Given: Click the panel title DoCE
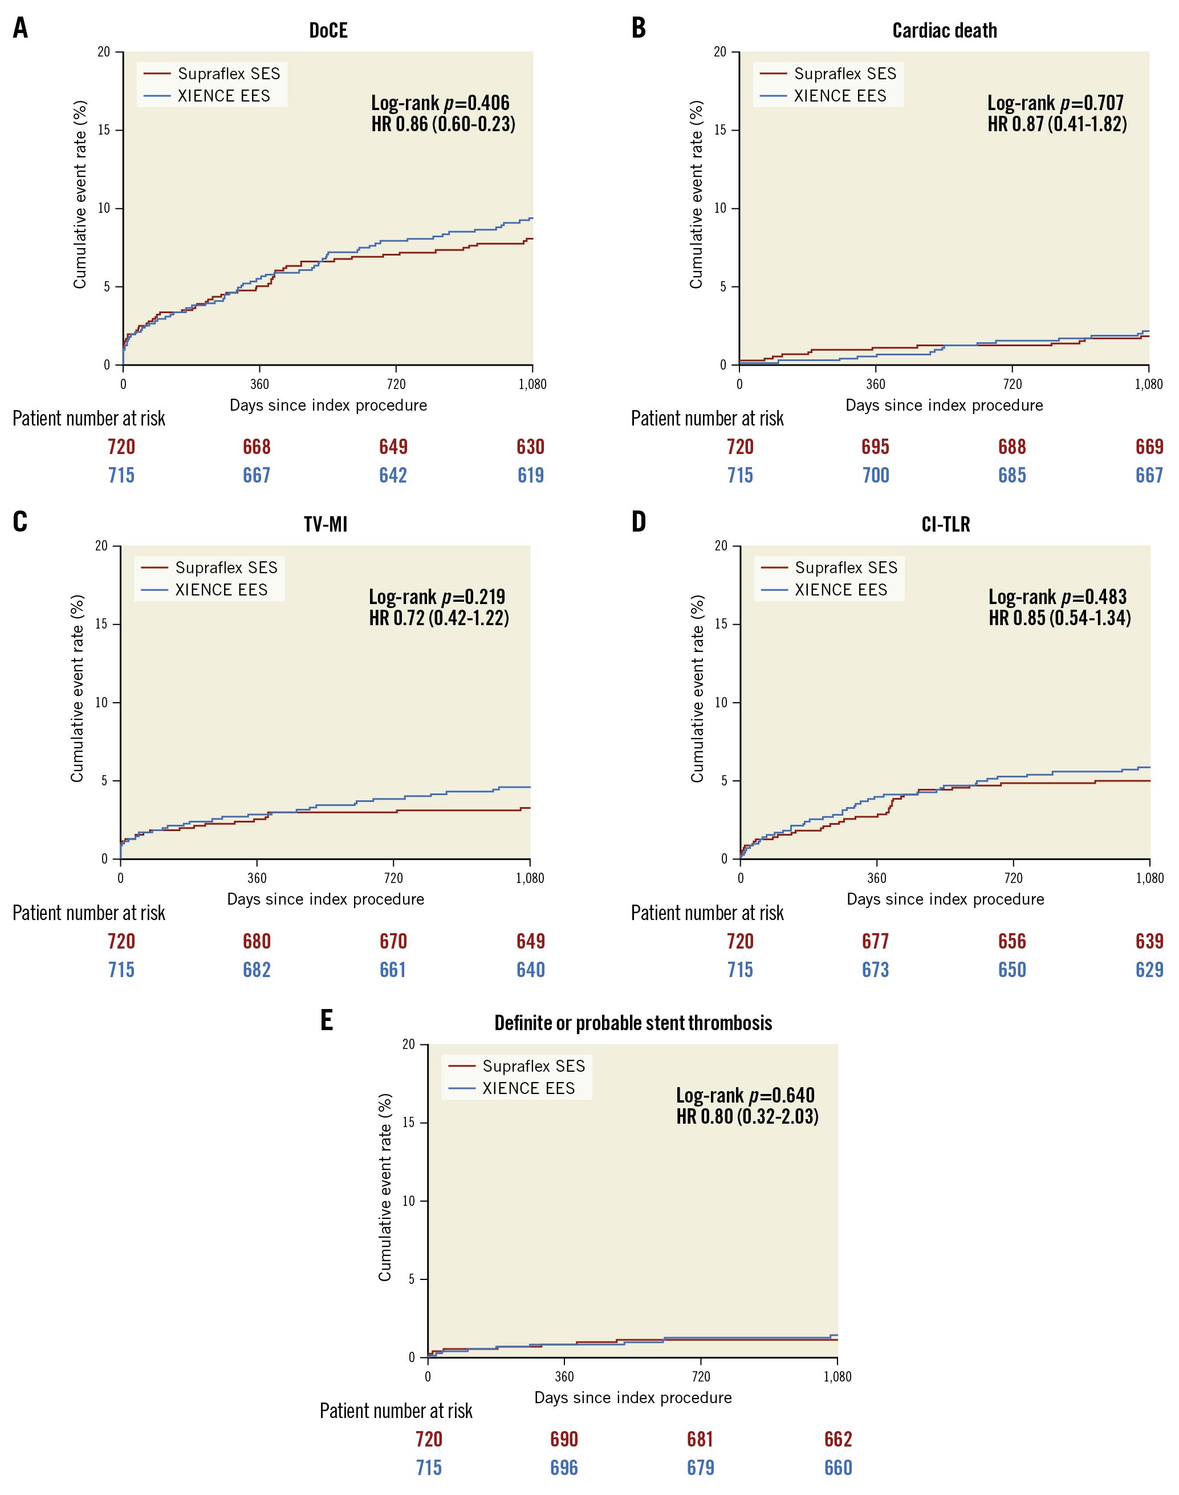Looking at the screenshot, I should pyautogui.click(x=328, y=31).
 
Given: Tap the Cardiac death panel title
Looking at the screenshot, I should pyautogui.click(x=944, y=31).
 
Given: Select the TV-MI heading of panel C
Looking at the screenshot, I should pyautogui.click(x=325, y=525).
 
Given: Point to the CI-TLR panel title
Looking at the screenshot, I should pyautogui.click(x=945, y=525).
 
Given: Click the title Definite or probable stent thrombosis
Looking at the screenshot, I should pyautogui.click(x=633, y=1023).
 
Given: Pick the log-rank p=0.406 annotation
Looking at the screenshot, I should pyautogui.click(x=440, y=103).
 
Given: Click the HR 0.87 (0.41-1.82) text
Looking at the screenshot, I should pyautogui.click(x=1057, y=124).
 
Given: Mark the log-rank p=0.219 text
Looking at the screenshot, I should pyautogui.click(x=436, y=597).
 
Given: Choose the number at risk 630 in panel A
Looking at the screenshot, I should pyautogui.click(x=530, y=447).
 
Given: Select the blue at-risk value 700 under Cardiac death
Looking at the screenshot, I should pyautogui.click(x=875, y=475).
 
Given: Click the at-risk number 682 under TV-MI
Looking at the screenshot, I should pyautogui.click(x=256, y=970).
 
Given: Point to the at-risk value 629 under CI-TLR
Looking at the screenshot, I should pyautogui.click(x=1149, y=970).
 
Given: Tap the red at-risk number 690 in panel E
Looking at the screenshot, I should pyautogui.click(x=564, y=1439).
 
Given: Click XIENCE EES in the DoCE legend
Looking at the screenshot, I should pyautogui.click(x=223, y=96).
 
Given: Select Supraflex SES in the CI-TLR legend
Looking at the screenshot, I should pyautogui.click(x=845, y=568).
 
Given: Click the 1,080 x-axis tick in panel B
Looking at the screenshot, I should pyautogui.click(x=1149, y=384).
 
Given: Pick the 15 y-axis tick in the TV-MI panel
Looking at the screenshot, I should pyautogui.click(x=101, y=624).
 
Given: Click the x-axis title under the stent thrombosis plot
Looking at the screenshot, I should pyautogui.click(x=632, y=1397).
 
